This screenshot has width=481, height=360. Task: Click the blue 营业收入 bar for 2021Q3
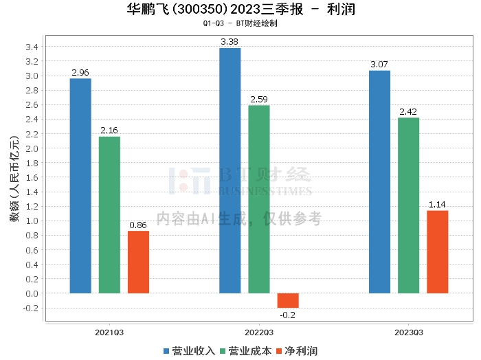[80, 185]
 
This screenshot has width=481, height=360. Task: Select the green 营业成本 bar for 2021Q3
[109, 214]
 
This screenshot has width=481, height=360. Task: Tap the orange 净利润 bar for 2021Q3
[138, 262]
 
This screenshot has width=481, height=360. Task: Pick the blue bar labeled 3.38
[230, 170]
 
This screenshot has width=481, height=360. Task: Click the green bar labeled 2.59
[259, 199]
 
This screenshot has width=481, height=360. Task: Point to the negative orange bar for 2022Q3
[288, 300]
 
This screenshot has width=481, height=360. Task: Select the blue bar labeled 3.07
[379, 181]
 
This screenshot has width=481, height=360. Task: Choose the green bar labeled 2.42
[408, 205]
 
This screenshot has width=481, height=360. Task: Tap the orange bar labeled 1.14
[437, 251]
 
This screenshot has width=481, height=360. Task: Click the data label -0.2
[288, 315]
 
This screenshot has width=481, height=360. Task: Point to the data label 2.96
[80, 71]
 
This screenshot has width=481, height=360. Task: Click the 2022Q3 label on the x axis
[259, 332]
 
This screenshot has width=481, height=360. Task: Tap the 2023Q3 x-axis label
[408, 332]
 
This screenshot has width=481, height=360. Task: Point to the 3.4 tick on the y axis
[32, 47]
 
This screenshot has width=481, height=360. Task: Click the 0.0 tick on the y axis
[32, 293]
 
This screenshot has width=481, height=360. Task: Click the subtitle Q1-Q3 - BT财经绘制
[240, 23]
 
